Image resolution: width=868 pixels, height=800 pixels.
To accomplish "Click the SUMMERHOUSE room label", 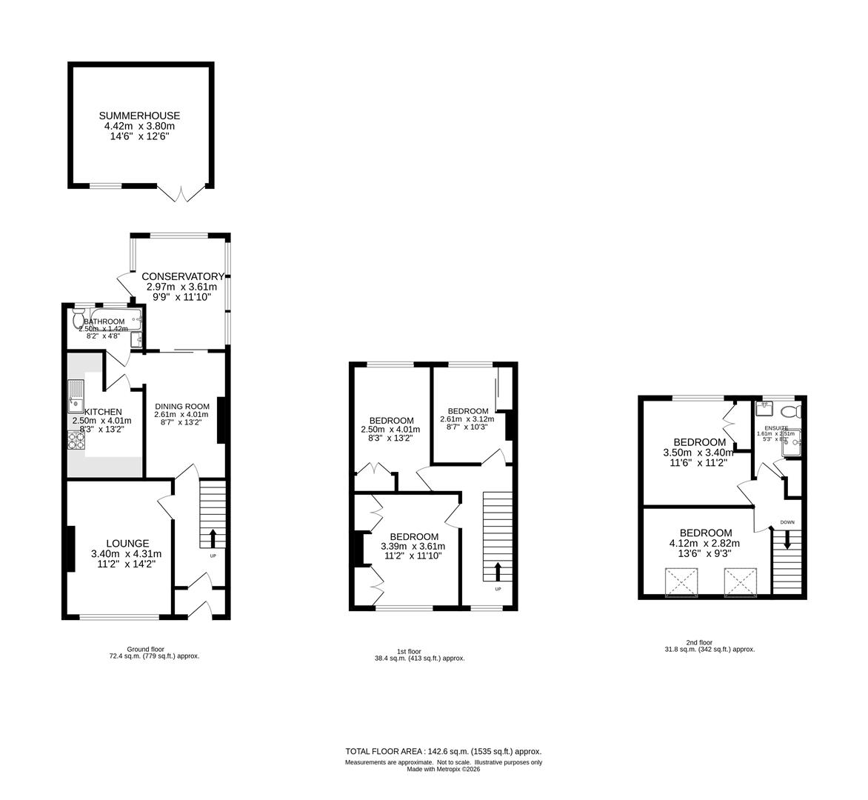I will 140,116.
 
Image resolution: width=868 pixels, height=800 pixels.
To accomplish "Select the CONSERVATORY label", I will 183,276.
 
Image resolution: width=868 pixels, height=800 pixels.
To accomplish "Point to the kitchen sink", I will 76,396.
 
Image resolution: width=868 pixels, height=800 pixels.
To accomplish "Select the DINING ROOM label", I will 182,406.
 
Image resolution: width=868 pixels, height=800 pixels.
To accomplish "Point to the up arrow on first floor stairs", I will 498,570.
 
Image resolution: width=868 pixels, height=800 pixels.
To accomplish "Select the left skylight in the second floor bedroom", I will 682,581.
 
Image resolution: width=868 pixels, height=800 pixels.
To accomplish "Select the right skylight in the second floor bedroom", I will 741,581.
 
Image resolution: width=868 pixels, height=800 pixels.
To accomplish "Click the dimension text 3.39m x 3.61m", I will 414,547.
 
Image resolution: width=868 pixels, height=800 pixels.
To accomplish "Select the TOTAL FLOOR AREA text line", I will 444,751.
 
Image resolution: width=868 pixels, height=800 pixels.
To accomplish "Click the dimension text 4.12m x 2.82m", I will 706,543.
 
